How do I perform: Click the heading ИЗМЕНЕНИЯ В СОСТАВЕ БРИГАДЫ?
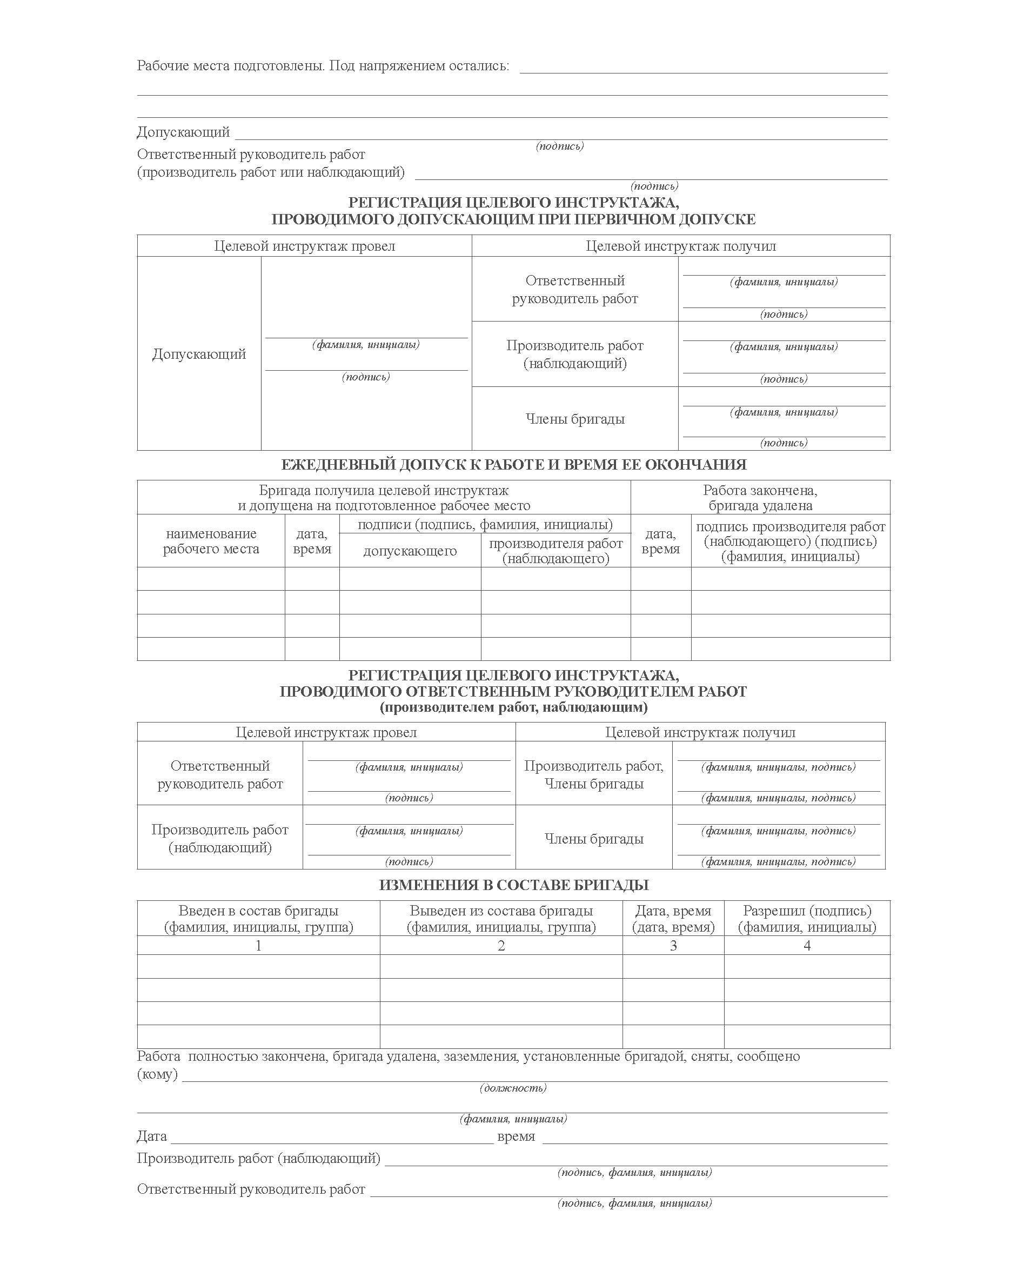click(513, 885)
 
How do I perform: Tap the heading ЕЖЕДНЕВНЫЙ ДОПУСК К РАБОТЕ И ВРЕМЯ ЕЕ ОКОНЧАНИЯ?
click(513, 465)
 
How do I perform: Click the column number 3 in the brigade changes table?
click(673, 946)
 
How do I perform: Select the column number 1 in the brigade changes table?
click(258, 946)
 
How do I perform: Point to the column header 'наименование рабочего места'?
click(211, 541)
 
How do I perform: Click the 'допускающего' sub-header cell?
click(410, 551)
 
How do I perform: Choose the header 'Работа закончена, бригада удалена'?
click(760, 498)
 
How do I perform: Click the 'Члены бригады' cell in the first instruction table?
click(575, 419)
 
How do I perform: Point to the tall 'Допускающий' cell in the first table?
click(199, 354)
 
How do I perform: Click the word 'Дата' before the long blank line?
click(152, 1136)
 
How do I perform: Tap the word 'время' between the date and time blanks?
click(516, 1136)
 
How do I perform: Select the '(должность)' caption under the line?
click(513, 1088)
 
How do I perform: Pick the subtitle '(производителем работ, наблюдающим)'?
click(513, 707)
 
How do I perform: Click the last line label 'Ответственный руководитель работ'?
click(251, 1189)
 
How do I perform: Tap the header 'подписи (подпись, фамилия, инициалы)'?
click(485, 524)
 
